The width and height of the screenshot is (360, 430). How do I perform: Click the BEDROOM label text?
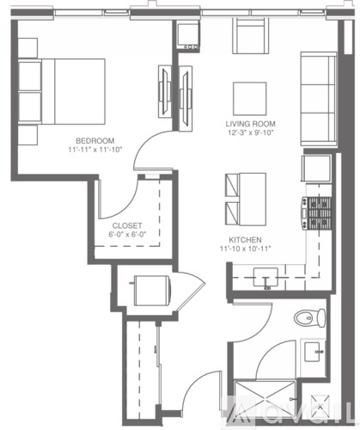coord(95,140)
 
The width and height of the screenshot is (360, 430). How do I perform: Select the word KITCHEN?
coord(245,240)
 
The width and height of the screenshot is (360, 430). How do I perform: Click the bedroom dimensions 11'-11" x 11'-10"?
coord(95,150)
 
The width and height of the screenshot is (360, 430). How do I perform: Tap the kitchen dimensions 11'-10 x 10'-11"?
coord(246,249)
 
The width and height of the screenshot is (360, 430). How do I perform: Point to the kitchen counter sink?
coord(265,277)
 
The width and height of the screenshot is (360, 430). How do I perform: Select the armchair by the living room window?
coord(251,36)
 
